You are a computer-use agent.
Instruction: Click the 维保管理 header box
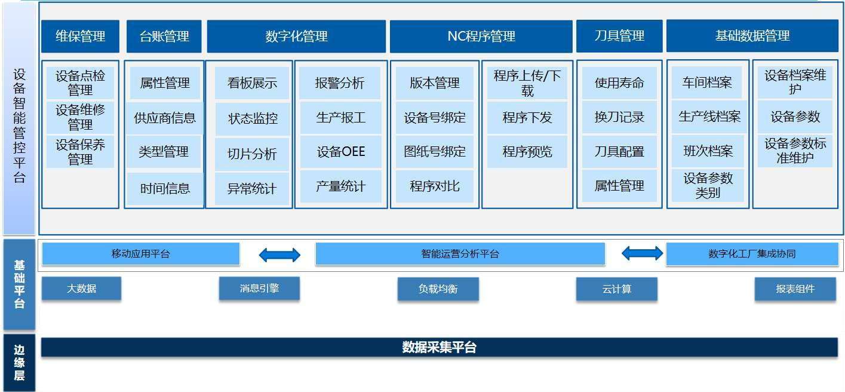click(80, 36)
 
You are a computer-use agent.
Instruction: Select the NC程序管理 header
click(481, 36)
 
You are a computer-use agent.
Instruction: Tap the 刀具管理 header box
click(619, 36)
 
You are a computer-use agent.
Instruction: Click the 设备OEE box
click(340, 152)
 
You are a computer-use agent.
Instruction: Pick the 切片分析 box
click(252, 154)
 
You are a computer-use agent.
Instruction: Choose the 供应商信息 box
click(165, 118)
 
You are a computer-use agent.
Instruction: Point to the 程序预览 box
click(527, 152)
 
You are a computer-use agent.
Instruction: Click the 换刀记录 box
click(619, 117)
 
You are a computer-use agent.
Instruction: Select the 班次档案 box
click(708, 152)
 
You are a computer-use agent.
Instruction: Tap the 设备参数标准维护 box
click(795, 151)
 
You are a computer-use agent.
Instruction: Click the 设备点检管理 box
click(80, 83)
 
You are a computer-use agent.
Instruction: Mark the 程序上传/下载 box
click(527, 83)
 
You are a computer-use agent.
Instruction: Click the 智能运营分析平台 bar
click(460, 254)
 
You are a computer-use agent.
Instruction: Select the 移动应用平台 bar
click(140, 254)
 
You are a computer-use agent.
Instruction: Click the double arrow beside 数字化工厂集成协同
click(642, 254)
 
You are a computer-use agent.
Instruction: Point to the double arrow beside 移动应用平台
click(279, 255)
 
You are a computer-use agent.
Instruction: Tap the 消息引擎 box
click(259, 289)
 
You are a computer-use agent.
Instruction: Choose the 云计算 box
click(616, 289)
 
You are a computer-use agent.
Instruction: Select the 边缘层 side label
click(19, 363)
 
